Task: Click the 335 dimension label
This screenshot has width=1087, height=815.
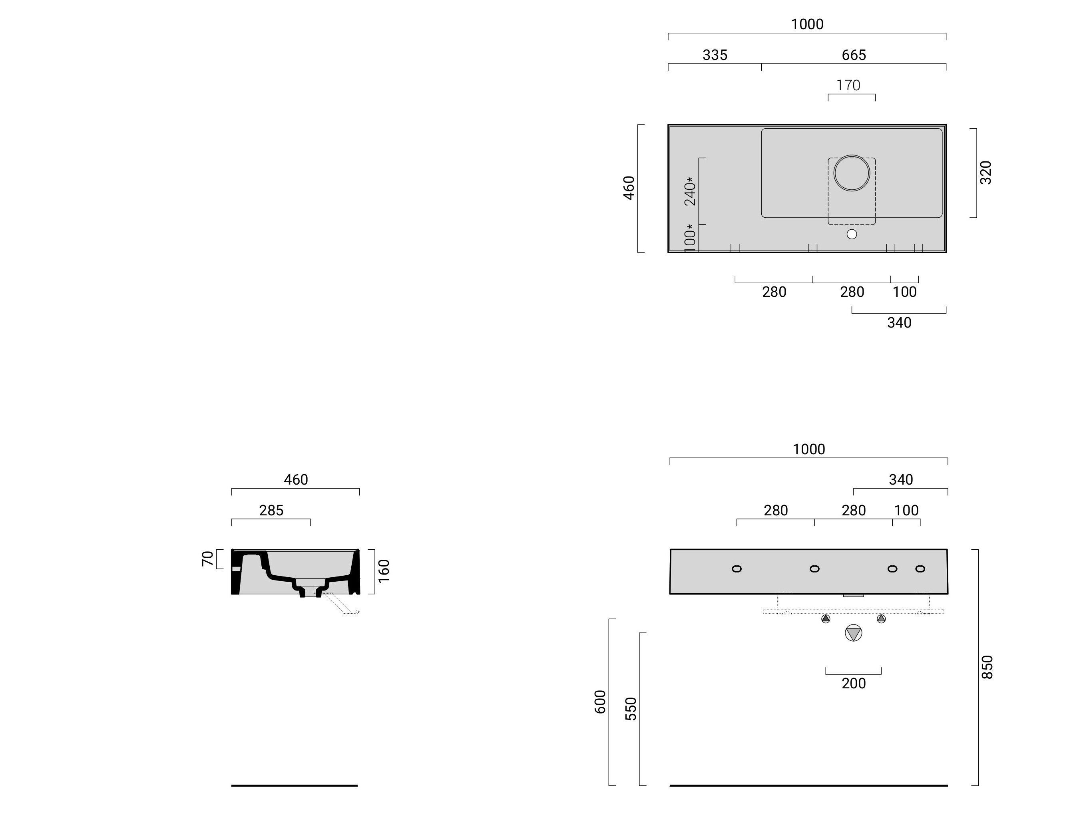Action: click(715, 55)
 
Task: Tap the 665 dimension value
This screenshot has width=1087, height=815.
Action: click(854, 55)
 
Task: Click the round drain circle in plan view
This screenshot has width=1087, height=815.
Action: click(852, 173)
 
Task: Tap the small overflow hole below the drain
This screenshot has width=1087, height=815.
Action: click(852, 235)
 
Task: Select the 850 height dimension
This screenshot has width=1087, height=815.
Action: click(987, 667)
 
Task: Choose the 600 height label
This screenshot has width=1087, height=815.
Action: click(600, 702)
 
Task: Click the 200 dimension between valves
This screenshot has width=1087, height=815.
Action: click(854, 683)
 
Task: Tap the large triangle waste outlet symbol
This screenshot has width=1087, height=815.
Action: click(854, 633)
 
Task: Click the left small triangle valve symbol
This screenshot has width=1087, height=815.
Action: click(826, 619)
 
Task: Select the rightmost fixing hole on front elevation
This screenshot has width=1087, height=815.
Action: click(920, 569)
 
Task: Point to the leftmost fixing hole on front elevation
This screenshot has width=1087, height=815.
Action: click(737, 569)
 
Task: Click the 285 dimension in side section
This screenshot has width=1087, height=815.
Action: click(271, 511)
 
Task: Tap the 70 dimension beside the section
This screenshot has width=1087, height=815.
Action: click(208, 559)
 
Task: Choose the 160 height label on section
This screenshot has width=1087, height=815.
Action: click(384, 570)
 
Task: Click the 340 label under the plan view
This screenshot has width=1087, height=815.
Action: click(899, 323)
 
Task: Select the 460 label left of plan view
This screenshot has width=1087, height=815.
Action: click(629, 188)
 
